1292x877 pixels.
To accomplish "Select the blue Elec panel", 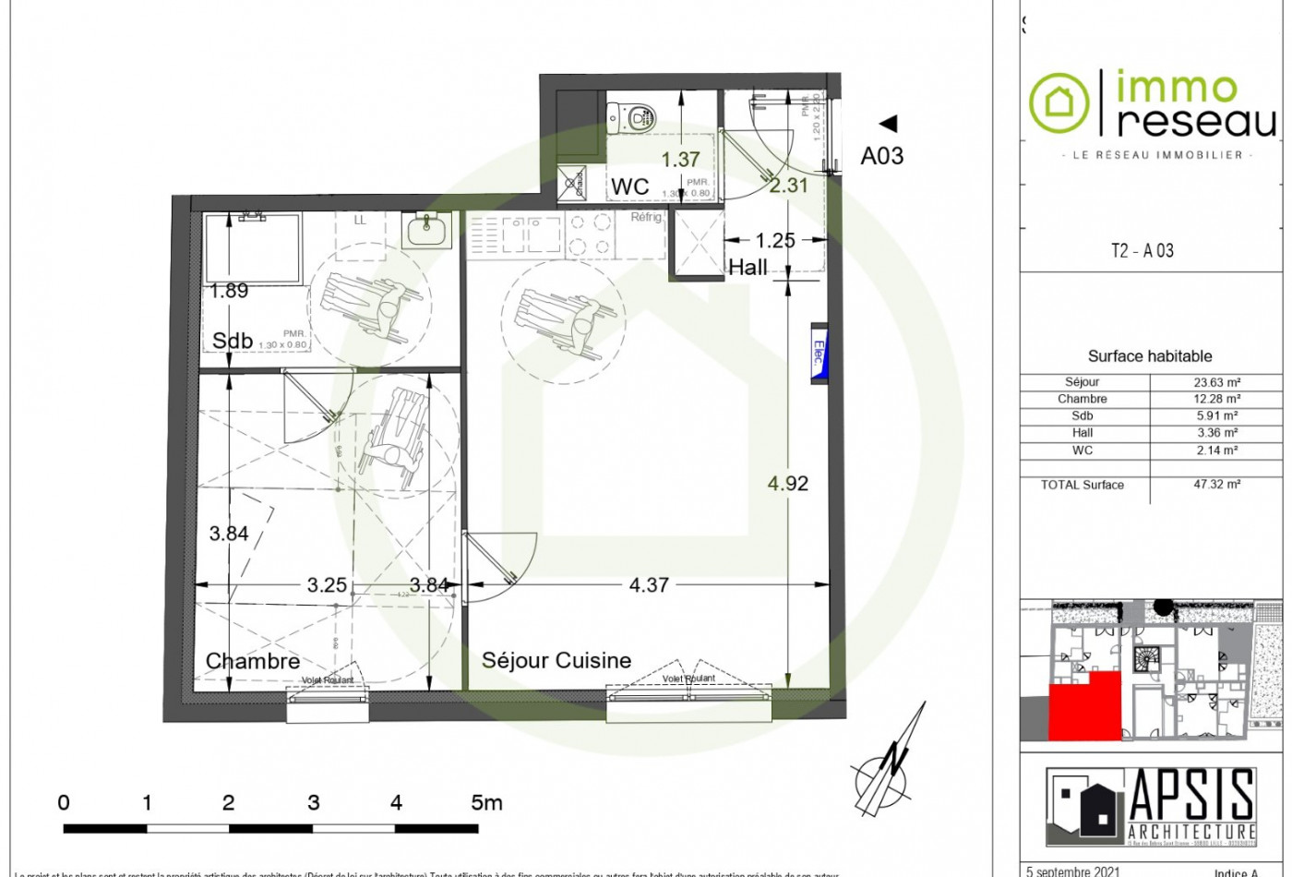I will pos(818,353).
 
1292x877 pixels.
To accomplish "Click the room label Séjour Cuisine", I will pos(556,660).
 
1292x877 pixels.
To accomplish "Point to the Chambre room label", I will pos(253,661).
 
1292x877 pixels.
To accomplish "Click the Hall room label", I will pos(748,268).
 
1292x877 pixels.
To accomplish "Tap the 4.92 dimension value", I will pos(787,483).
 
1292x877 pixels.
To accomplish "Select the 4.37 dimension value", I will pos(648,584).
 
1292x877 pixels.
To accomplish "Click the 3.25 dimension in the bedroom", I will pos(327,584).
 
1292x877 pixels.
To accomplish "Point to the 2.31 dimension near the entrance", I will pos(789,185).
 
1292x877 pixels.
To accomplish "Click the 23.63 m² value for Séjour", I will pos(1217,381).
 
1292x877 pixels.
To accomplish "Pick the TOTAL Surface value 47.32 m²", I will pos(1217,484).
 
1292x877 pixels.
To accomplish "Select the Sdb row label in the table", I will pos(1082,415).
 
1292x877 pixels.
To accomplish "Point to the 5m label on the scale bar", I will pos(486,802).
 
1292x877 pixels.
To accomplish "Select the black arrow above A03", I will pos(888,123).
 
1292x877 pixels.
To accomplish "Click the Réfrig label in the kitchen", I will pos(646,218).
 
